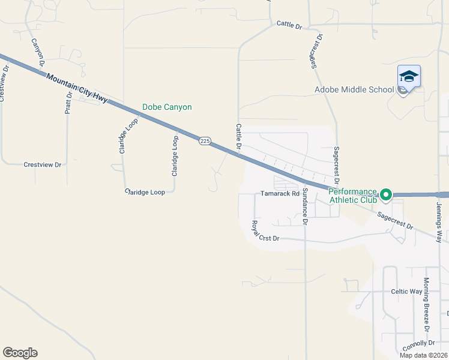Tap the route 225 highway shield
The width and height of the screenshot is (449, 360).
[205, 140]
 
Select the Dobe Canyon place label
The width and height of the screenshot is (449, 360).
[167, 107]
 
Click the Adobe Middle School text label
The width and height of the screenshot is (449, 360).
[354, 90]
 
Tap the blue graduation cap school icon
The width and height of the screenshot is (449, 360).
[409, 76]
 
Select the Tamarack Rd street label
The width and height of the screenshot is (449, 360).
[280, 194]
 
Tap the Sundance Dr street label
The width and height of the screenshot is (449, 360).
[305, 206]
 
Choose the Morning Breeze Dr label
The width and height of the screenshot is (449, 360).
[426, 304]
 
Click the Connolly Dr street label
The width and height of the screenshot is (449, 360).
[419, 343]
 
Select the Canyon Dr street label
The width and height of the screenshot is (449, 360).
[38, 52]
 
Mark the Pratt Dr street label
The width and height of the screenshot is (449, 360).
[69, 103]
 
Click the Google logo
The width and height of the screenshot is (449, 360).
[20, 353]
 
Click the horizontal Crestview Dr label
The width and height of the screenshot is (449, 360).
[43, 164]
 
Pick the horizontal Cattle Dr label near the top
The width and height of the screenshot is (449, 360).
[289, 24]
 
